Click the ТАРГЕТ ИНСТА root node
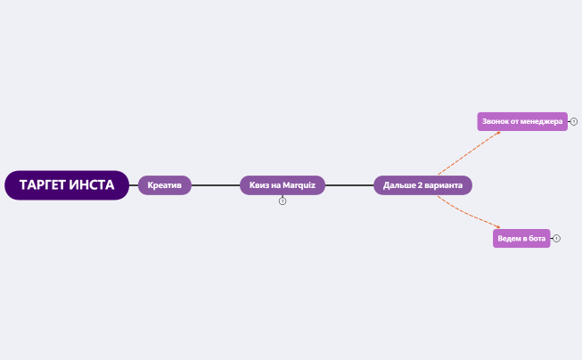coord(67,185)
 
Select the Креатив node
coord(164,185)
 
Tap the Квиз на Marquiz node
coord(283,185)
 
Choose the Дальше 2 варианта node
coord(422,185)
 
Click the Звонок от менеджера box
coord(522,121)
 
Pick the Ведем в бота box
coord(521,238)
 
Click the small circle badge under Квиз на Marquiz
coord(283,201)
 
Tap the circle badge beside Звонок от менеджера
coord(574,121)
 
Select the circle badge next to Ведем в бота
coord(556,239)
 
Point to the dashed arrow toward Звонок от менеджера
coord(469,152)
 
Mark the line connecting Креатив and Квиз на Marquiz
coord(216,185)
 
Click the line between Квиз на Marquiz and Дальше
coord(349,185)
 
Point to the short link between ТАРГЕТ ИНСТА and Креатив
coord(134,185)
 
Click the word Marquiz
coord(299,185)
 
